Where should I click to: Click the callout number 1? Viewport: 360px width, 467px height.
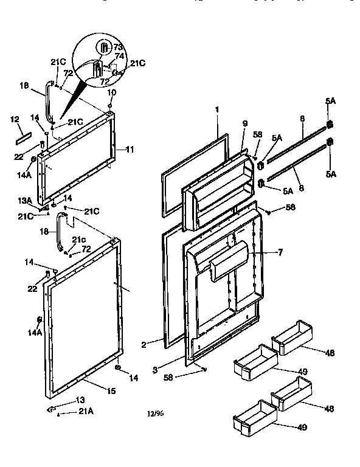(216, 110)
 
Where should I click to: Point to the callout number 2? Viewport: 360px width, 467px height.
(144, 345)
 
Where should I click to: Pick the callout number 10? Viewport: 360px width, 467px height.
(112, 92)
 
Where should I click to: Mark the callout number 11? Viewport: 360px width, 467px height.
(130, 148)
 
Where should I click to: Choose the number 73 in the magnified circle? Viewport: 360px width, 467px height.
(118, 46)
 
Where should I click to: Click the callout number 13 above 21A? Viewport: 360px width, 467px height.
(80, 400)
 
